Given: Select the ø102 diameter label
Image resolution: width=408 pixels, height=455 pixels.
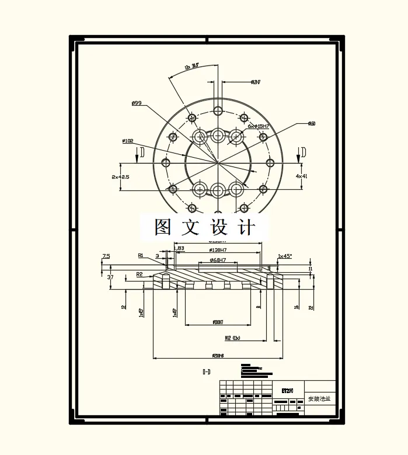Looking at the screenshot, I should (x=128, y=141).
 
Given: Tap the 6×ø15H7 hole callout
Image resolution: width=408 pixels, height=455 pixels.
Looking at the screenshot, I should (x=259, y=126).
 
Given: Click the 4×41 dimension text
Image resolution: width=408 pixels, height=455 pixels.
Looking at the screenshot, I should (x=301, y=175).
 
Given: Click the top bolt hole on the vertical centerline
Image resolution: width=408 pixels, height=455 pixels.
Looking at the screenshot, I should (x=218, y=110).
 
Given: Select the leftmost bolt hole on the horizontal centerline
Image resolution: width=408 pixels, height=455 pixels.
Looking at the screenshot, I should (x=167, y=162).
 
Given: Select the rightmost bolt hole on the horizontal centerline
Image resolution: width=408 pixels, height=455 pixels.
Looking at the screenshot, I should (x=270, y=162).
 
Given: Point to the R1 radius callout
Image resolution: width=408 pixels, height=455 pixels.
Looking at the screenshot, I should (x=141, y=255).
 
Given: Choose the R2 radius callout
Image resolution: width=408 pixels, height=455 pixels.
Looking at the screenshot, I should (x=140, y=273).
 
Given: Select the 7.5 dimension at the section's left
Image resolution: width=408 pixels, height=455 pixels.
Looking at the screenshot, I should (x=106, y=256).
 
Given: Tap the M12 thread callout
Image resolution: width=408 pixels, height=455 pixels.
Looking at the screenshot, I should (x=232, y=338).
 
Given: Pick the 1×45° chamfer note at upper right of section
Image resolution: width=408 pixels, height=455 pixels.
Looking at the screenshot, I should (x=285, y=256).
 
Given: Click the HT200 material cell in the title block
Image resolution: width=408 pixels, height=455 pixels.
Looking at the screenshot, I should (x=287, y=390).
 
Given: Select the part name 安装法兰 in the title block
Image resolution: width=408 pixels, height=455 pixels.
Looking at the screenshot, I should (x=319, y=399).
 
